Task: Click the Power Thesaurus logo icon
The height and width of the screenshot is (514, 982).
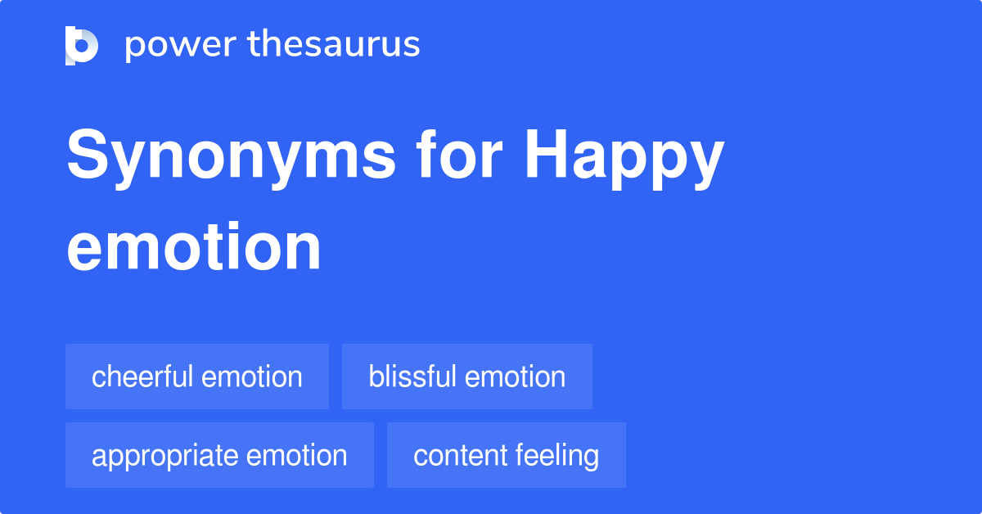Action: point(82,45)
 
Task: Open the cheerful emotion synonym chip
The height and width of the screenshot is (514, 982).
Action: point(197,376)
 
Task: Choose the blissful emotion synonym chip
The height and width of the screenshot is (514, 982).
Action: point(467,376)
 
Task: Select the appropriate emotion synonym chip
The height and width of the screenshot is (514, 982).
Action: point(219,455)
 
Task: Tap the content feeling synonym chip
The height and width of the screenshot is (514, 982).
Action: point(507,455)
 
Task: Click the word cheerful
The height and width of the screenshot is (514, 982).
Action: point(143,376)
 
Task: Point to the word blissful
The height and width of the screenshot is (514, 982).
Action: point(413,376)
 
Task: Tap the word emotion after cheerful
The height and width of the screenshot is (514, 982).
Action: point(252,376)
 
